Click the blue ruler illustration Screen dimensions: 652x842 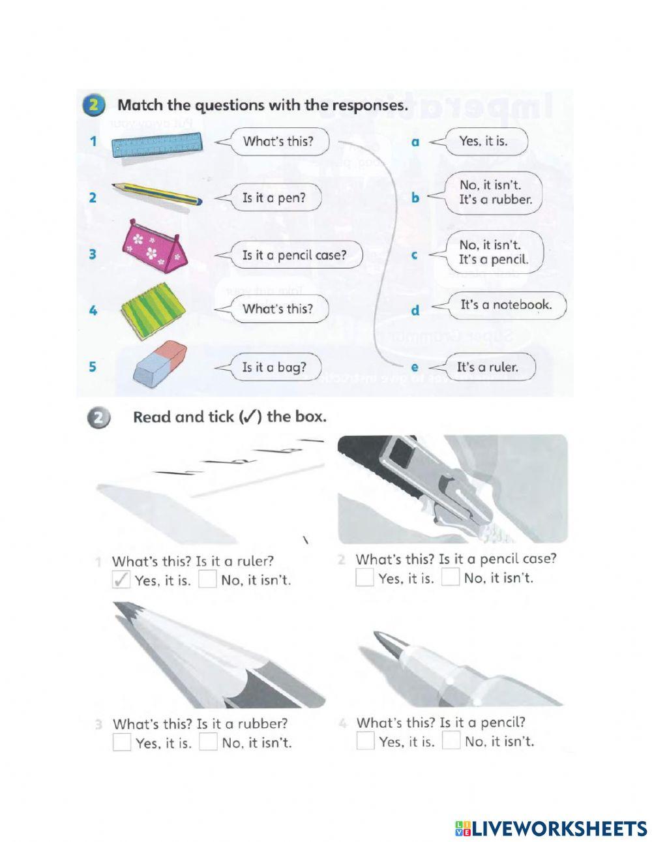[x=156, y=145]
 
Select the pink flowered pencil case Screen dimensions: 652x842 [x=156, y=243]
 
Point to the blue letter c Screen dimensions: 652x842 [x=414, y=256]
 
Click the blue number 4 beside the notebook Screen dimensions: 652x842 [x=93, y=310]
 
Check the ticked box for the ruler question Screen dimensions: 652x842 [x=121, y=579]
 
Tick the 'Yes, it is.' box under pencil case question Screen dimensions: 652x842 [x=364, y=577]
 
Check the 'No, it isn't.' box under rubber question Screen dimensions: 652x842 [x=208, y=742]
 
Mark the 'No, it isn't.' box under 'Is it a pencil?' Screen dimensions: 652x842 [x=451, y=740]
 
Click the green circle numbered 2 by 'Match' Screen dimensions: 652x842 [x=94, y=106]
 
